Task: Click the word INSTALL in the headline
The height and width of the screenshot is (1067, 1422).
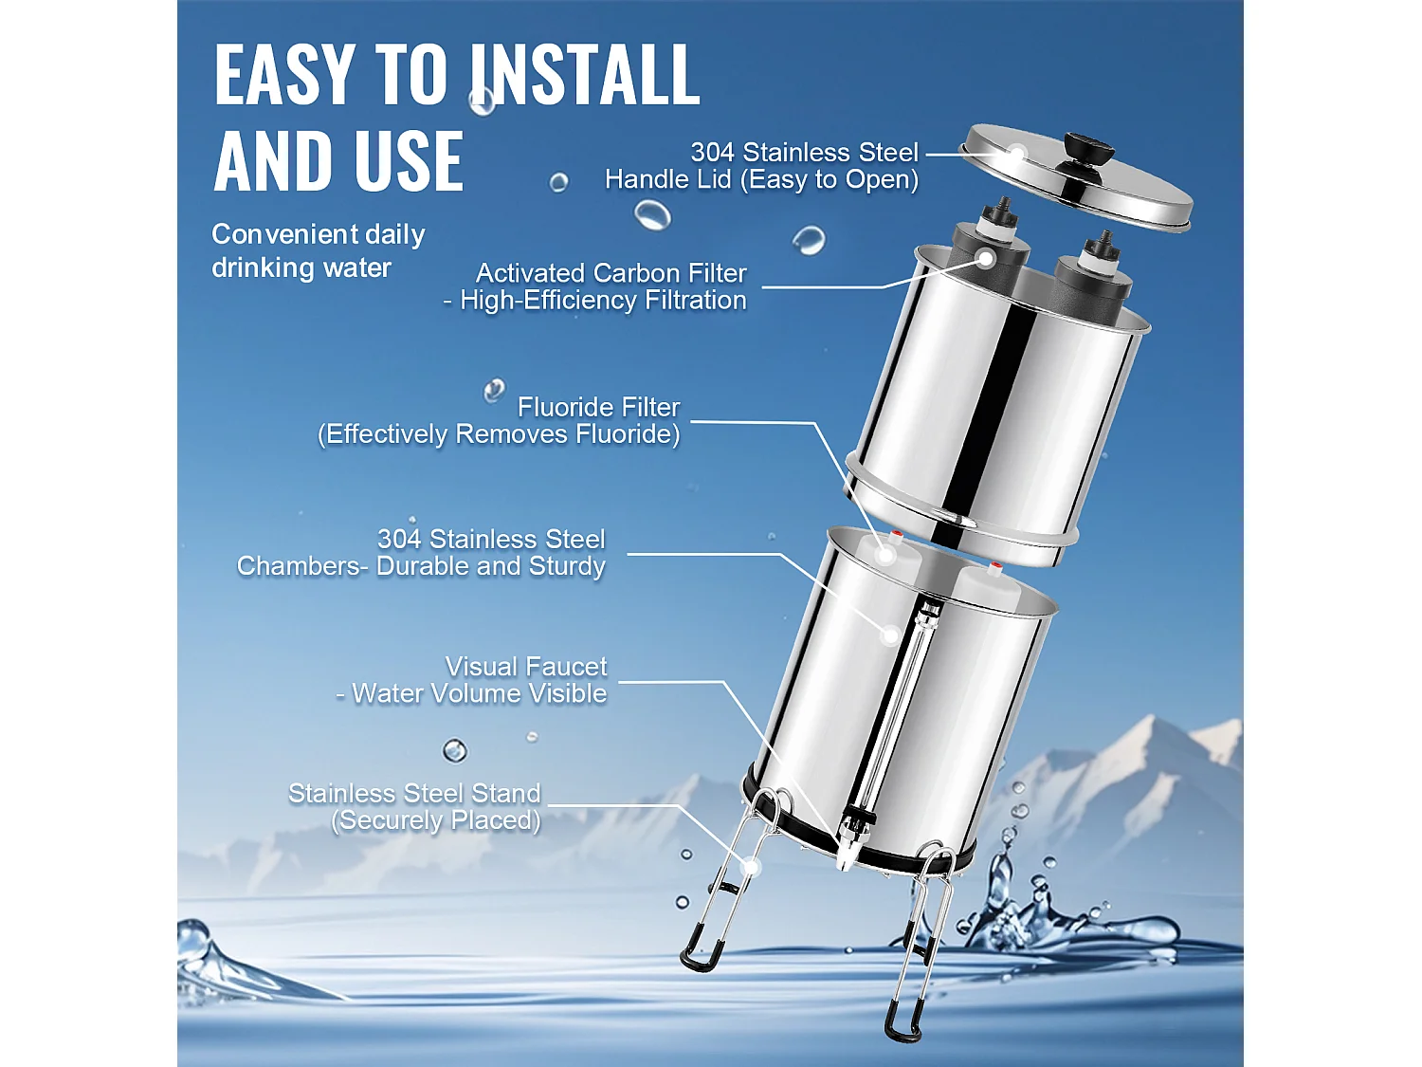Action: point(585,75)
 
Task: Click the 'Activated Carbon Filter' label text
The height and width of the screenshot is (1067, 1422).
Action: point(611,273)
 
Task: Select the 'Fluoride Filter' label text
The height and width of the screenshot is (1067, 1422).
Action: point(598,407)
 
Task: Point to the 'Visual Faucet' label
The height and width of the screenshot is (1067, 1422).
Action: point(526,667)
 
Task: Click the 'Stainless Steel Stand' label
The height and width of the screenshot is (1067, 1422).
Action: point(414,793)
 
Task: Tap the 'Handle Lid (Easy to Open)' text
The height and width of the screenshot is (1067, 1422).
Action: point(761,179)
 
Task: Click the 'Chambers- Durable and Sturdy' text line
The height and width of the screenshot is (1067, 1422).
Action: point(421,566)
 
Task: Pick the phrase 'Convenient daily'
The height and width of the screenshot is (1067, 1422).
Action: point(318,234)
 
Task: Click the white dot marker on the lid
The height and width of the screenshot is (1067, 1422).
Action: point(1017,152)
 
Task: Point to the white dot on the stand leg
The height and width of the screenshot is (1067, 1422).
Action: point(751,866)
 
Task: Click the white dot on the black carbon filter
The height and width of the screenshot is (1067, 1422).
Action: point(986,258)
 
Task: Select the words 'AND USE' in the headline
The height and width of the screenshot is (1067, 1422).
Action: point(338,162)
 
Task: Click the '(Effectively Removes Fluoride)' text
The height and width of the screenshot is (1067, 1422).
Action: point(499,434)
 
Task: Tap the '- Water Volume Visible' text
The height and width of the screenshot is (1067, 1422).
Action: point(471,694)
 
